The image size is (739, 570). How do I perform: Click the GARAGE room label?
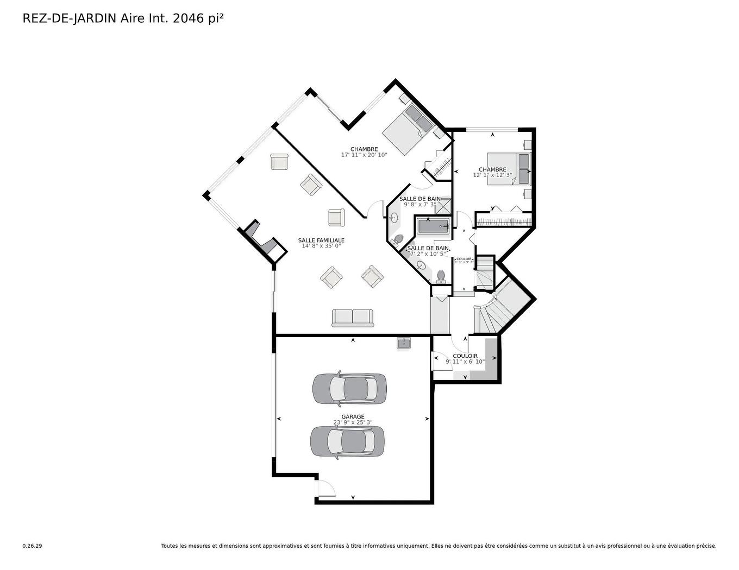[x=353, y=417]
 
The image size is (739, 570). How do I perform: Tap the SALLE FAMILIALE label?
[x=321, y=240]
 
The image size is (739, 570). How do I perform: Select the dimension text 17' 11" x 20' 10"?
[x=364, y=155]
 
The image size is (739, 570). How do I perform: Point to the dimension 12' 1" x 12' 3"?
[x=492, y=175]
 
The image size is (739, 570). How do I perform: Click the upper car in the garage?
[x=349, y=389]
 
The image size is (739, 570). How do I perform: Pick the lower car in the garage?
[x=347, y=441]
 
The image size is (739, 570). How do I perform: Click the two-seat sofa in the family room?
[x=353, y=318]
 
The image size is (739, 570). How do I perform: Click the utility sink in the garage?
[x=404, y=344]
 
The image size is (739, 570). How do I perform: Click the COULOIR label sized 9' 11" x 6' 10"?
[x=465, y=356]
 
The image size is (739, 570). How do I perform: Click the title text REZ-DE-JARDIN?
[x=69, y=18]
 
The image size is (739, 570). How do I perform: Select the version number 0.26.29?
[x=32, y=546]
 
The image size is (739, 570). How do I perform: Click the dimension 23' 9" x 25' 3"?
[x=353, y=422]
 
